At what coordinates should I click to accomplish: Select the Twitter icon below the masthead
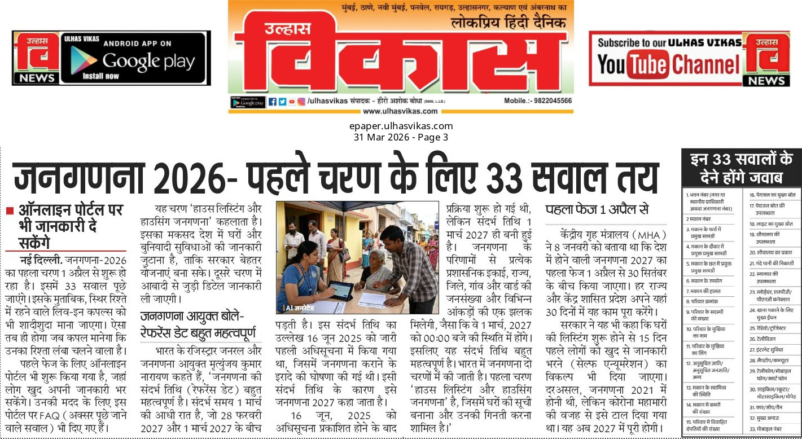282,102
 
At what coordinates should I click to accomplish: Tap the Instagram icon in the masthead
301,102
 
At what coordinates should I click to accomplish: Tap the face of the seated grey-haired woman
376,256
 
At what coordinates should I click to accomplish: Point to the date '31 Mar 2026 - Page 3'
401,137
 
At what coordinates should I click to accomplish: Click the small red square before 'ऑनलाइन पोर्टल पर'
9,211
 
